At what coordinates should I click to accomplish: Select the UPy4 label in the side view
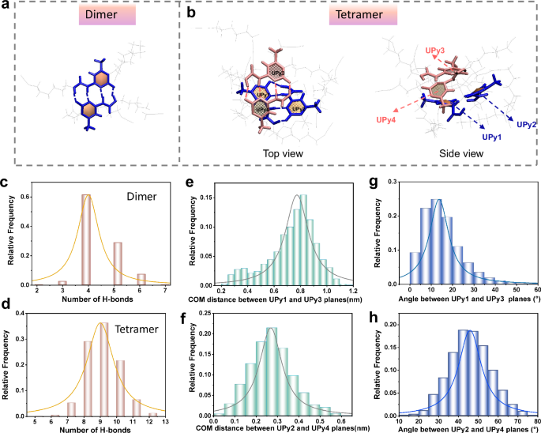tap(387, 119)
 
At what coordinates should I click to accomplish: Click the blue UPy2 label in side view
tap(528, 124)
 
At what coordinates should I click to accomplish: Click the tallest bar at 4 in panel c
tap(86, 229)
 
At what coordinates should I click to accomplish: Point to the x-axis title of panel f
tap(271, 427)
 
